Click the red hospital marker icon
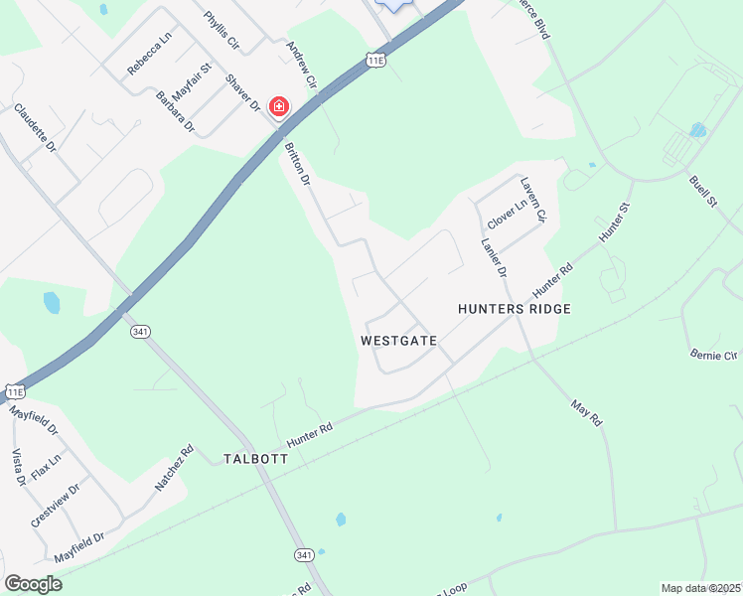pyautogui.click(x=279, y=106)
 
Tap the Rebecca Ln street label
pyautogui.click(x=150, y=54)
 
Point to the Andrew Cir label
pyautogui.click(x=300, y=63)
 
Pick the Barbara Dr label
pyautogui.click(x=176, y=112)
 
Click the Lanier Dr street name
pyautogui.click(x=494, y=256)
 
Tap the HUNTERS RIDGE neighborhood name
pyautogui.click(x=515, y=309)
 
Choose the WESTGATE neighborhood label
pyautogui.click(x=399, y=340)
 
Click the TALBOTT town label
pyautogui.click(x=255, y=459)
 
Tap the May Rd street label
pyautogui.click(x=587, y=413)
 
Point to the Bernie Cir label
pyautogui.click(x=715, y=354)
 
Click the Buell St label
pyautogui.click(x=702, y=192)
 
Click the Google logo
pyautogui.click(x=33, y=584)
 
